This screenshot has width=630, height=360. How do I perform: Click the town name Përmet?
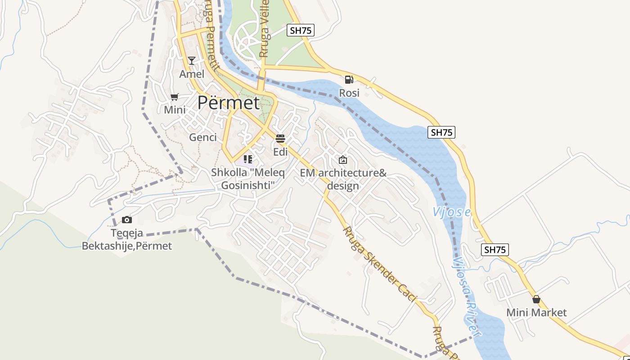click(229, 103)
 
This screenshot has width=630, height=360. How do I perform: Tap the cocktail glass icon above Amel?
click(192, 61)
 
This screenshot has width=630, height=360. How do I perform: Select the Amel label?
click(192, 74)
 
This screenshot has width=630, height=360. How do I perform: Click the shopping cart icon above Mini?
click(175, 97)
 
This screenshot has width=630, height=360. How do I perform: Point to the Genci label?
click(203, 137)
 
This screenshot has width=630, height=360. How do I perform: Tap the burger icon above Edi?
click(280, 139)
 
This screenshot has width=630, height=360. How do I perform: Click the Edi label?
click(280, 152)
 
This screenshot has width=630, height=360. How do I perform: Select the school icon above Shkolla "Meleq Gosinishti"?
click(247, 159)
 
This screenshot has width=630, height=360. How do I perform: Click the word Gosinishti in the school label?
click(248, 185)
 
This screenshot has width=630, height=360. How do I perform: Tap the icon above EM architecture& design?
click(343, 159)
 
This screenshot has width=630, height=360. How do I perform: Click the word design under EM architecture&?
click(343, 186)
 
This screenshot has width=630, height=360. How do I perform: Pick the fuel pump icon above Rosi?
click(349, 80)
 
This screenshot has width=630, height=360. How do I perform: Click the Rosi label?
click(349, 93)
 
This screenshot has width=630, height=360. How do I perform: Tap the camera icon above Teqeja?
click(127, 220)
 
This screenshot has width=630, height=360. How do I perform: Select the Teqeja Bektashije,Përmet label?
click(127, 240)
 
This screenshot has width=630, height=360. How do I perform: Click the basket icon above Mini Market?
click(536, 299)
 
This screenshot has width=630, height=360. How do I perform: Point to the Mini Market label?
click(536, 312)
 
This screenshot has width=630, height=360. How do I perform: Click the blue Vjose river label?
click(451, 212)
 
